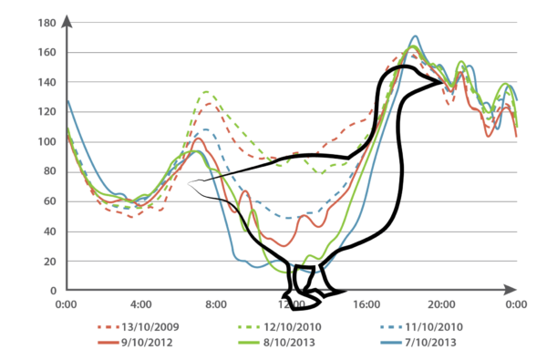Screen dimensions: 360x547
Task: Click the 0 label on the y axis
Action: (53, 290)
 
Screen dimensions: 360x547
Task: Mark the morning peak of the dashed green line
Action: (208, 90)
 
